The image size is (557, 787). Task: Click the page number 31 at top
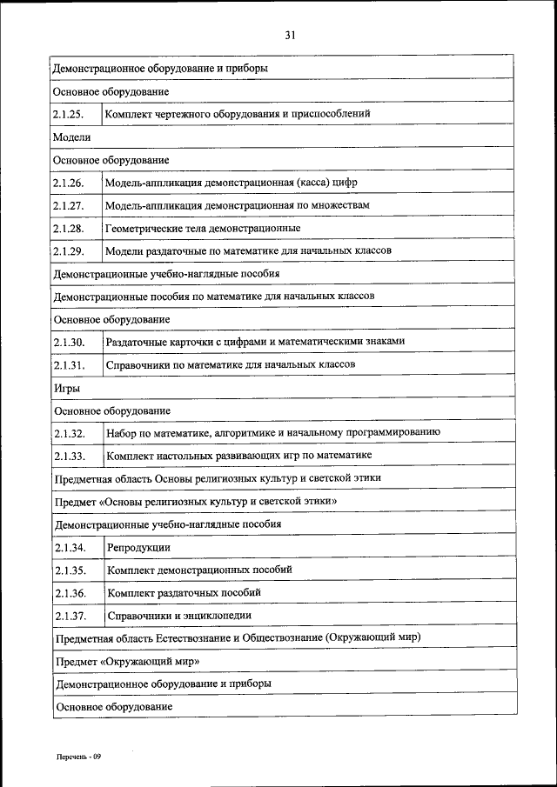(291, 35)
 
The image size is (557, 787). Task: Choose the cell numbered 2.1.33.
(69, 456)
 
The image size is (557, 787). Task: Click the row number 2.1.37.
(69, 616)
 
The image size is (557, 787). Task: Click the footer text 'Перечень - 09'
(80, 757)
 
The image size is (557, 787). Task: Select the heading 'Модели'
(71, 137)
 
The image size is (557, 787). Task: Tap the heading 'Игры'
(67, 388)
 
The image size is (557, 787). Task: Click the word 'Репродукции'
(138, 548)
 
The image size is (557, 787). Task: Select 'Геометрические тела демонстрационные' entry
(203, 228)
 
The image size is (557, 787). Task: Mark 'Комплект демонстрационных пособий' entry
(199, 570)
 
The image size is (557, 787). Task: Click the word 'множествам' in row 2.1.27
(341, 205)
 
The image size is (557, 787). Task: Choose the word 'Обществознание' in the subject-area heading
(279, 638)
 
